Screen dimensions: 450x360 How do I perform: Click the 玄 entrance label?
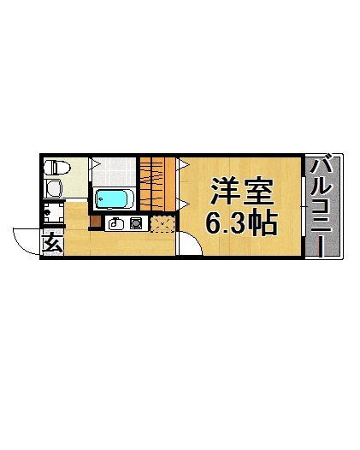(x=51, y=244)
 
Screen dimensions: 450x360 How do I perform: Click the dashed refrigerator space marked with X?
(x=161, y=223)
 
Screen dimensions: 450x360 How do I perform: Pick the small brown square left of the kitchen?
(x=95, y=224)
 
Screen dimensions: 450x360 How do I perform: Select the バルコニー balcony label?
(x=323, y=205)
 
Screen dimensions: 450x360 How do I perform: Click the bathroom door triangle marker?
(x=96, y=163)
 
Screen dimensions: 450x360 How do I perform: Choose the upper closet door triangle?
(x=181, y=163)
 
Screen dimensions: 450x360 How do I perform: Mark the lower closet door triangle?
(x=181, y=202)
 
